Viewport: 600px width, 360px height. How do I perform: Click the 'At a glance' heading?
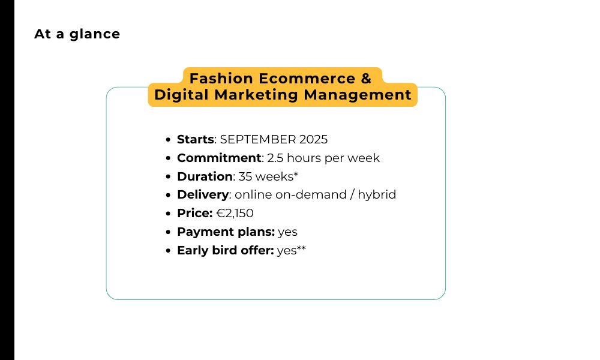tap(77, 34)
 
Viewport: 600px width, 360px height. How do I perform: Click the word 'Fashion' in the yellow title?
tap(221, 79)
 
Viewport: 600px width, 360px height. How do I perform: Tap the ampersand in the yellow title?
tap(366, 79)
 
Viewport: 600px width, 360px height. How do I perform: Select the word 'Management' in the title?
tap(358, 95)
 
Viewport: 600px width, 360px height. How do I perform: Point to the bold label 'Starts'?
tap(195, 139)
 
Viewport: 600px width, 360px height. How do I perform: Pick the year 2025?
tap(313, 139)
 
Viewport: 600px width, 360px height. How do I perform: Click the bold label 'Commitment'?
tap(219, 158)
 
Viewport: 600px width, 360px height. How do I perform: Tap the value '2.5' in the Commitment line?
tap(275, 158)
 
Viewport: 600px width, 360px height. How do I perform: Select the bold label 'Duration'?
tap(205, 176)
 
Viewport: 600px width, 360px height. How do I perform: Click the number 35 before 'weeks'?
tap(245, 176)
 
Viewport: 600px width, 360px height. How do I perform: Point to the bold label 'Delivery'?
tap(203, 195)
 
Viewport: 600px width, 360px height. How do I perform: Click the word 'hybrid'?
tap(377, 195)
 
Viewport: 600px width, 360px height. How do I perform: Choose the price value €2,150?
tap(235, 213)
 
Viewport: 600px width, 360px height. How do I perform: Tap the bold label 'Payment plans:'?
tap(226, 232)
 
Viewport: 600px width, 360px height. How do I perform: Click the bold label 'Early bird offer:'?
tap(226, 250)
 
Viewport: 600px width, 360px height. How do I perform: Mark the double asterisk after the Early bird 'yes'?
tap(301, 248)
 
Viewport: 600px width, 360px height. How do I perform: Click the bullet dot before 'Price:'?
tap(168, 214)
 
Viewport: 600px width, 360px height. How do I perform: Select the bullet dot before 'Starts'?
tap(168, 140)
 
